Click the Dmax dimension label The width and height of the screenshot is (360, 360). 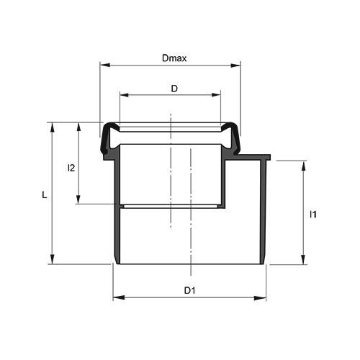click(x=174, y=58)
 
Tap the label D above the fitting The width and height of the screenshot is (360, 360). click(x=174, y=89)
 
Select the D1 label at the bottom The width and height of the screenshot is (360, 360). click(x=189, y=291)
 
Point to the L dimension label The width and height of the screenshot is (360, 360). click(x=45, y=195)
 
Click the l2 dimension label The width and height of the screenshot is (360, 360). click(x=71, y=168)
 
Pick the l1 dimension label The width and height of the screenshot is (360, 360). click(x=313, y=215)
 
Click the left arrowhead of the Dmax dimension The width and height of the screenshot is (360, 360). click(x=105, y=65)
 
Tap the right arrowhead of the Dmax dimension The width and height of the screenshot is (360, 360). click(x=235, y=66)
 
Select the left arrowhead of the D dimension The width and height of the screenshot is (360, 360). click(x=125, y=95)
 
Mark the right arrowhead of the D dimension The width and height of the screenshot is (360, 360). click(x=216, y=95)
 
